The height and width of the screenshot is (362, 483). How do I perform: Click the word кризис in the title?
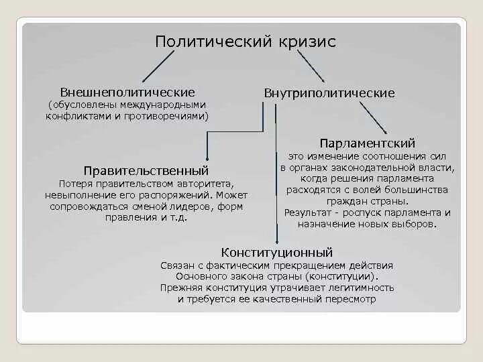[304, 42]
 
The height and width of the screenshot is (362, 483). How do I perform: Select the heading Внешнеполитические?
[127, 91]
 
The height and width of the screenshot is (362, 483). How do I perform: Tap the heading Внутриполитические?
[329, 93]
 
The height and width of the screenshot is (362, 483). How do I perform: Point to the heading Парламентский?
[368, 143]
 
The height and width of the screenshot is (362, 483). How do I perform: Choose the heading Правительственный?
[146, 171]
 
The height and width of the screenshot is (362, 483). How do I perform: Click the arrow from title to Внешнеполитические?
[158, 67]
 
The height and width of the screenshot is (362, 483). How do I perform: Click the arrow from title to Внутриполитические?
[310, 67]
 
